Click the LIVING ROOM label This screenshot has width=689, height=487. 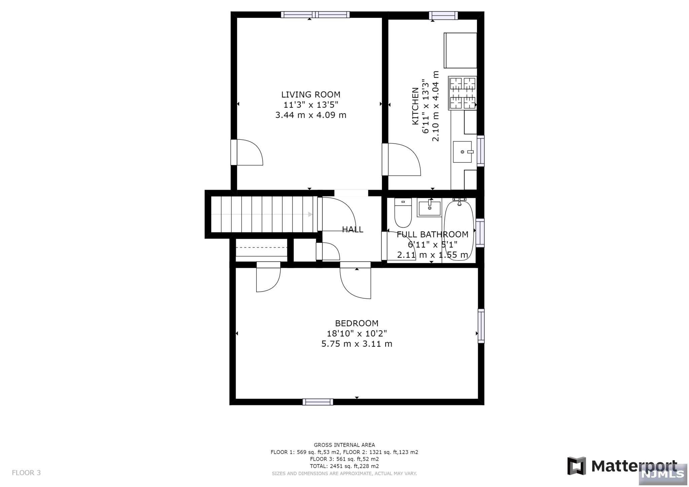(x=311, y=95)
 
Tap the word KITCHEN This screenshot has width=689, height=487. (x=415, y=106)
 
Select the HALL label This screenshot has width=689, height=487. (x=353, y=229)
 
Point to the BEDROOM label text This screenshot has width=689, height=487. (x=357, y=323)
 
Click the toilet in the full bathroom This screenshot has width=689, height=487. (x=403, y=213)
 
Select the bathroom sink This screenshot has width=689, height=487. (x=429, y=208)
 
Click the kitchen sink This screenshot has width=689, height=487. (x=463, y=152)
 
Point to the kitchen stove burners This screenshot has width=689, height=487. (x=463, y=93)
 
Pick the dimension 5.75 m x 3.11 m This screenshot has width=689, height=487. (x=357, y=344)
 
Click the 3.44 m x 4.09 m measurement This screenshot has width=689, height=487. (x=311, y=115)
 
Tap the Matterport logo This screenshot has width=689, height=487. (x=622, y=466)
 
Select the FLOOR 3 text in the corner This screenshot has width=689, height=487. (x=26, y=473)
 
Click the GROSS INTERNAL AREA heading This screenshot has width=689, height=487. (x=344, y=445)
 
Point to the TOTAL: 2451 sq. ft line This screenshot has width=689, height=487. (x=344, y=466)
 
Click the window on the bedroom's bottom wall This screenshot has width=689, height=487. (x=318, y=402)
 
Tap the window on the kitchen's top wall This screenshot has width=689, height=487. (x=443, y=15)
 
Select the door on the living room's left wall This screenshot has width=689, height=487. (x=247, y=152)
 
